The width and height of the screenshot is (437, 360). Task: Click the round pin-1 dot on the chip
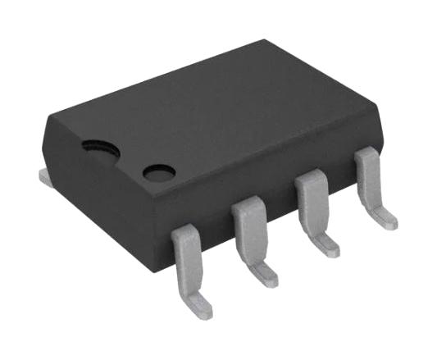pyautogui.click(x=159, y=172)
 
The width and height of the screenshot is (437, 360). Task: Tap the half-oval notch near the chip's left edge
pyautogui.click(x=99, y=145)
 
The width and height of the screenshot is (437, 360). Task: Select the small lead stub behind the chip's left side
pyautogui.click(x=45, y=174)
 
